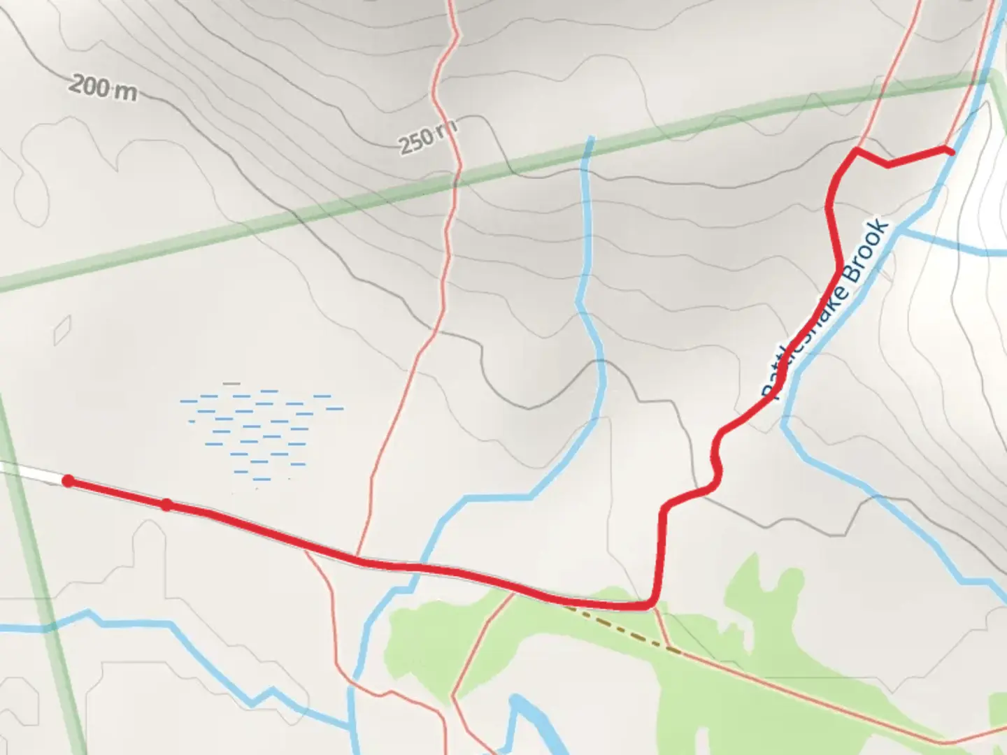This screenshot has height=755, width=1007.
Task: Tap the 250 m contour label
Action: click(x=427, y=138)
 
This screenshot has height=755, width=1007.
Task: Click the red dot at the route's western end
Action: click(x=68, y=480)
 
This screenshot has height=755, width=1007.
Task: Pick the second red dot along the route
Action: click(x=166, y=505)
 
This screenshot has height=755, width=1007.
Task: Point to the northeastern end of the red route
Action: click(x=950, y=151)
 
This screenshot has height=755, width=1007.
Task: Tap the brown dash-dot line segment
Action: click(x=622, y=629)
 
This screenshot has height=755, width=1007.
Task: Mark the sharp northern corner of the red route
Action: click(x=857, y=150)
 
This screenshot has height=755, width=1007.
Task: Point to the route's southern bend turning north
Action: click(x=652, y=603)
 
